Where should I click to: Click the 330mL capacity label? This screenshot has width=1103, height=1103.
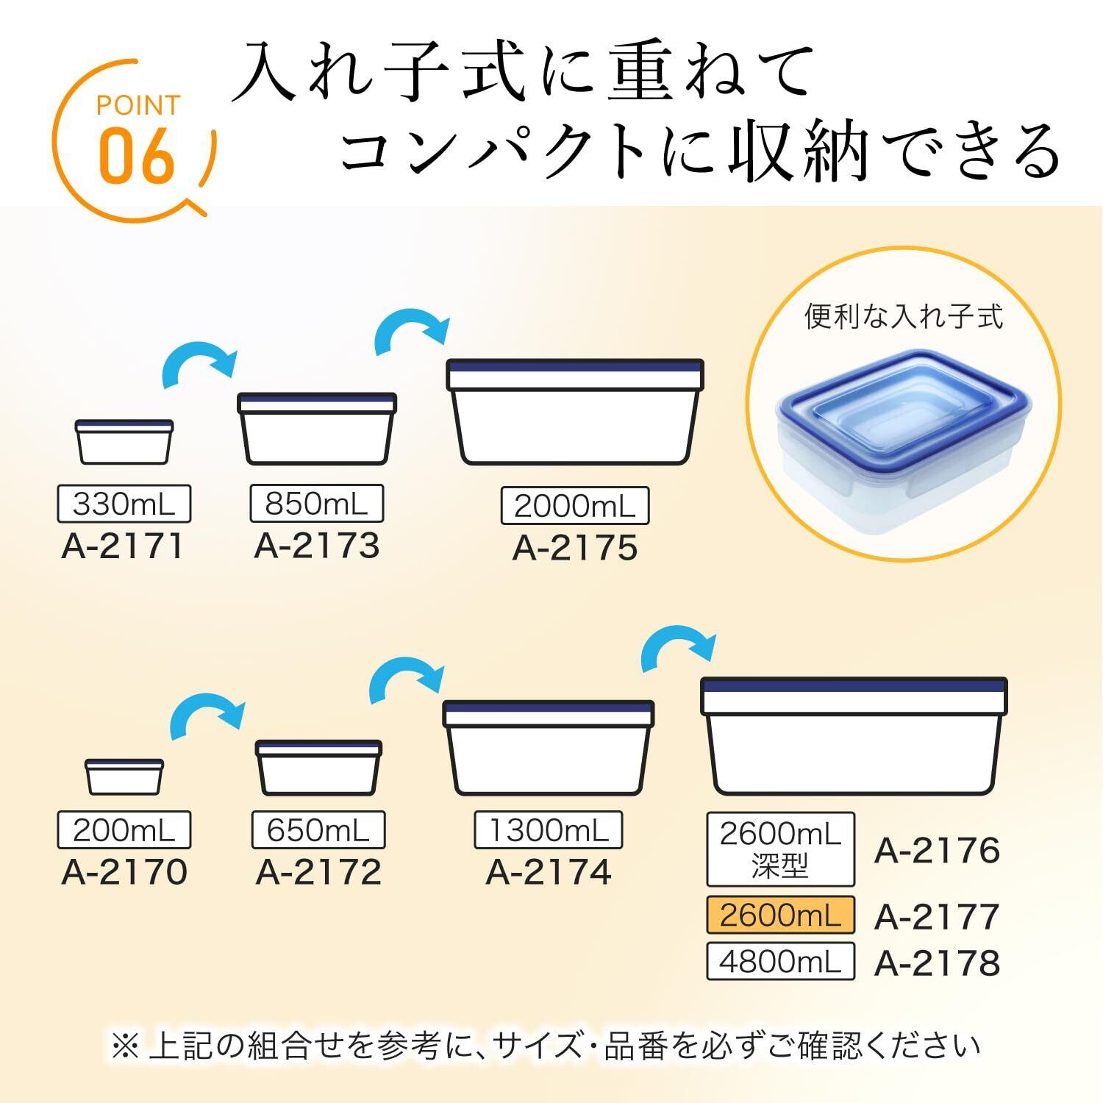(x=124, y=504)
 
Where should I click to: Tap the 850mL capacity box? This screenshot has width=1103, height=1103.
(x=317, y=504)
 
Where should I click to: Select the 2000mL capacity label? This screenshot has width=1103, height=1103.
(x=575, y=506)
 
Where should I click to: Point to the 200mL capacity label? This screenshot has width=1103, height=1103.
(x=124, y=830)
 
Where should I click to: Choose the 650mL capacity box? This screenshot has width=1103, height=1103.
(x=318, y=830)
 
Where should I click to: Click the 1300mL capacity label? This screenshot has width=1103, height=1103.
(x=549, y=830)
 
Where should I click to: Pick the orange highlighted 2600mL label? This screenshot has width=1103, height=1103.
(x=780, y=915)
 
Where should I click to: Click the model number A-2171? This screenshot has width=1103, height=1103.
(x=123, y=546)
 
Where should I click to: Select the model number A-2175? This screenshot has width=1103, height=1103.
(x=575, y=549)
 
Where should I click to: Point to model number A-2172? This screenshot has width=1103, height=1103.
(x=318, y=873)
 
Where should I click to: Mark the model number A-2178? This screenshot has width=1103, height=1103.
(x=938, y=963)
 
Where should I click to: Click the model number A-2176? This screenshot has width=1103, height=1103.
(x=938, y=851)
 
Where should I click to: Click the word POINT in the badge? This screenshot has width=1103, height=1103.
(x=138, y=106)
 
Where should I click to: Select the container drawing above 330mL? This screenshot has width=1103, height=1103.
(x=125, y=442)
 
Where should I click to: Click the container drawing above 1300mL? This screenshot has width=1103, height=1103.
(x=549, y=748)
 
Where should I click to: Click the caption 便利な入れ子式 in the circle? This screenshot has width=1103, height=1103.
(x=904, y=317)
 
